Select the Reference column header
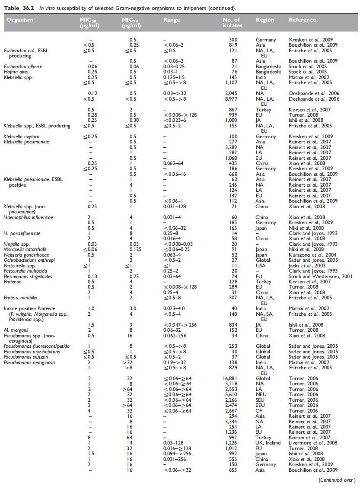point(302,20)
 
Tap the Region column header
point(264,20)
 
